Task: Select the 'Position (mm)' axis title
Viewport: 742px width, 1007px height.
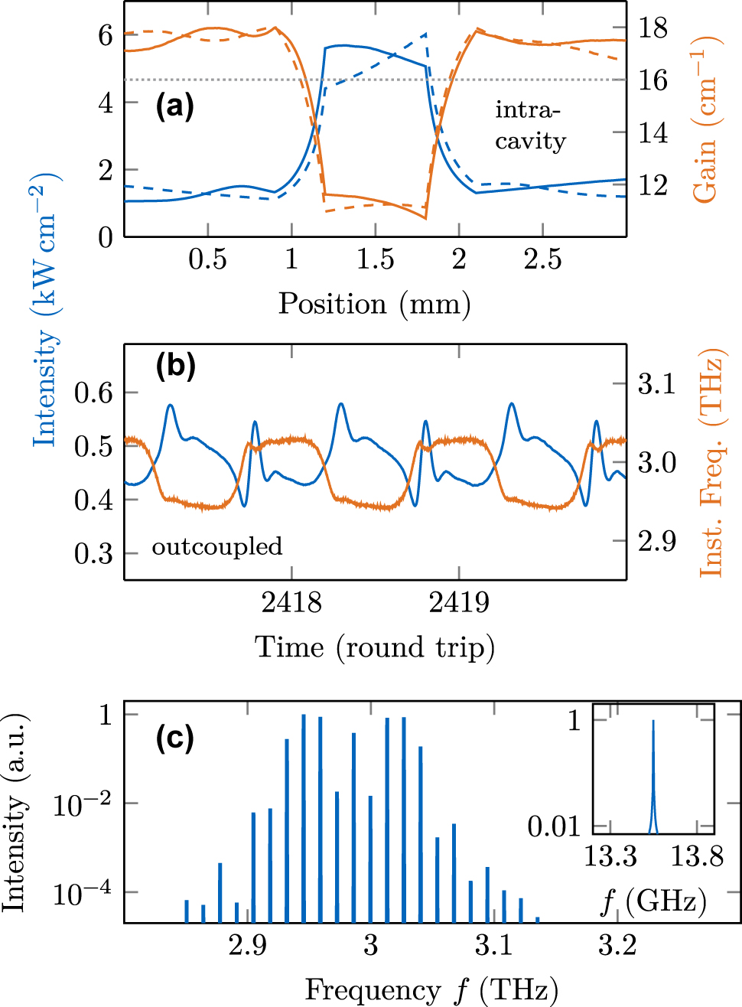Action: click(x=374, y=304)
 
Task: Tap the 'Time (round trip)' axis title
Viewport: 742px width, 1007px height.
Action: click(x=374, y=647)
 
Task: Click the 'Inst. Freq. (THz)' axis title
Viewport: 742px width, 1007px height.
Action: click(x=711, y=462)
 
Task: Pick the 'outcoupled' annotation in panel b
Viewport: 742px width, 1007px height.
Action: click(x=217, y=546)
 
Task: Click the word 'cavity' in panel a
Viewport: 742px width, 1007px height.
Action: click(x=530, y=141)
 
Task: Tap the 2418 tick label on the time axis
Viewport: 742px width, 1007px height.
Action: click(x=291, y=603)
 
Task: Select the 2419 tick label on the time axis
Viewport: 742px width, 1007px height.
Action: click(x=459, y=603)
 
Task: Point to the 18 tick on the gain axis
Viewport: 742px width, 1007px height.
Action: click(x=653, y=28)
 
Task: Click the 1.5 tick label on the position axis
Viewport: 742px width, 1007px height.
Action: click(x=375, y=259)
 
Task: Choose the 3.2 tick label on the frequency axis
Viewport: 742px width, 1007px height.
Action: click(x=617, y=946)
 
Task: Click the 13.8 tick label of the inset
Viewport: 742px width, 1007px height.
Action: click(x=697, y=856)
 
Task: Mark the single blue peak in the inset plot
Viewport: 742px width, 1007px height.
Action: click(x=653, y=773)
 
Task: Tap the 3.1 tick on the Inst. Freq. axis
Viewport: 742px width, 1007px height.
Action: click(x=657, y=383)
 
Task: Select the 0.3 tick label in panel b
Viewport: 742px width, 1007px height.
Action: click(x=93, y=554)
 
